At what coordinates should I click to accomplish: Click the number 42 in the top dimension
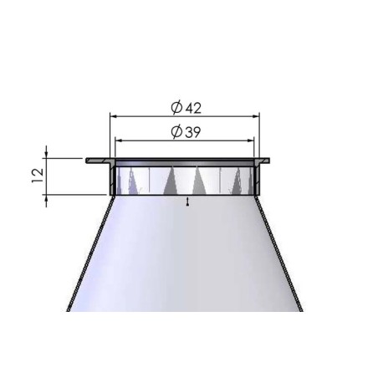193,107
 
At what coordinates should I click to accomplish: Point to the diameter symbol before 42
176,107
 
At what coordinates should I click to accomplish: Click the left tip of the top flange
88,159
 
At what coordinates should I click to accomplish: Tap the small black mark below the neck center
188,202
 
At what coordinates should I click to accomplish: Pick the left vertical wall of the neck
113,177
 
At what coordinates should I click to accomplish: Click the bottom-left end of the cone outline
67,310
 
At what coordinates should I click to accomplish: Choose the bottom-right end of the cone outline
303,310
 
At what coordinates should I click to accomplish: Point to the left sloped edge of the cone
90,251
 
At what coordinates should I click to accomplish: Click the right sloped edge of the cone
281,251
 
